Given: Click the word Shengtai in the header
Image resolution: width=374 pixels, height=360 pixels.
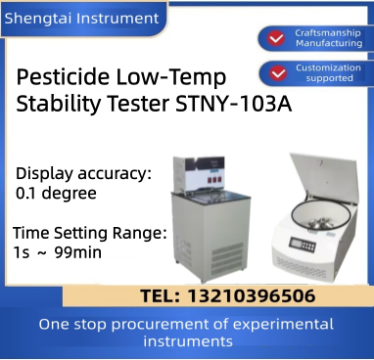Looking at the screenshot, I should [38, 16].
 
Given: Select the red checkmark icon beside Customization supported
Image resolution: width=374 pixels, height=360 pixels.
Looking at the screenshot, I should [272, 72].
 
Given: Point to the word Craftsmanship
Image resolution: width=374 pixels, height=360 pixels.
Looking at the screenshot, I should [322, 31].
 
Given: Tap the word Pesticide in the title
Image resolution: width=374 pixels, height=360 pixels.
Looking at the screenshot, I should [64, 77].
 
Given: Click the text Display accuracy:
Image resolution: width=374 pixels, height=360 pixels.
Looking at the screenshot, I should [83, 173].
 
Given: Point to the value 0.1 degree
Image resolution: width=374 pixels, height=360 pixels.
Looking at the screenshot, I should [56, 193].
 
